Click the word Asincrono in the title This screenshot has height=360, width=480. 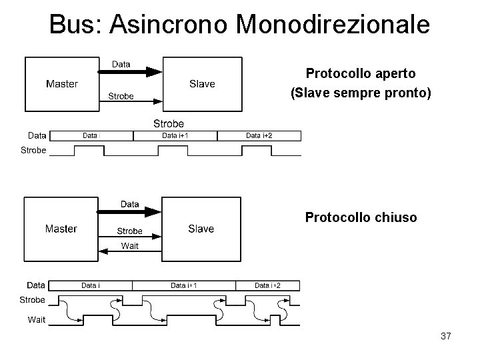(x=169, y=25)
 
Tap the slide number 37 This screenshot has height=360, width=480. (x=446, y=337)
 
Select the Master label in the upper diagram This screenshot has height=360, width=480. (x=61, y=84)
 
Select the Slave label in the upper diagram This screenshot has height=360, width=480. (x=202, y=84)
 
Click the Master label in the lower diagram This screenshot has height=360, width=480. (x=61, y=229)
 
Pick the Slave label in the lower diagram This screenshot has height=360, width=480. (x=201, y=229)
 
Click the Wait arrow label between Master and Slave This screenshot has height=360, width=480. (x=129, y=246)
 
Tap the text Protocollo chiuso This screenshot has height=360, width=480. (x=361, y=217)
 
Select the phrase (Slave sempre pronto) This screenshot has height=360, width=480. (x=361, y=95)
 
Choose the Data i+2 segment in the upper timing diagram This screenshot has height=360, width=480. (x=259, y=136)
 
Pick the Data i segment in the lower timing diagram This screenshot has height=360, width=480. (x=91, y=285)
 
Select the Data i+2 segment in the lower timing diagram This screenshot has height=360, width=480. (x=268, y=285)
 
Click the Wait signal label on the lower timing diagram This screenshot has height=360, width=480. (x=36, y=319)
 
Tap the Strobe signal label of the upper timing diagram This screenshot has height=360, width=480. (x=33, y=150)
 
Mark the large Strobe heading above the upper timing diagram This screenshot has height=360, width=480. (x=169, y=123)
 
